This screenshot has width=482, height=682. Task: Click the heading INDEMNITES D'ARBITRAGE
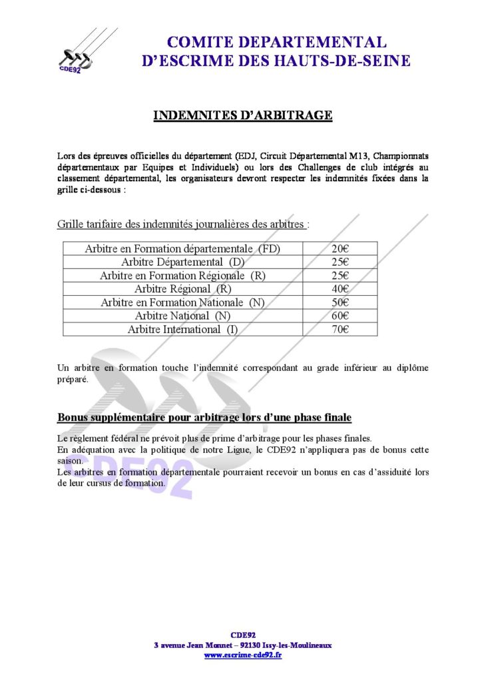tap(243, 115)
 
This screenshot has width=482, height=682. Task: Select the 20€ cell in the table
tap(340, 248)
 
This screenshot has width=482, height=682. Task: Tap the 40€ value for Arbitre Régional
tap(340, 289)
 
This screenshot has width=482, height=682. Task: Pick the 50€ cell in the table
tap(340, 302)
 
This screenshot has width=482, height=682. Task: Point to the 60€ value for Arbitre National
tap(340, 316)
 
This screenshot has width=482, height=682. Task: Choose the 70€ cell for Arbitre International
tap(340, 329)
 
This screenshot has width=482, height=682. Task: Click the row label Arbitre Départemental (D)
tap(183, 262)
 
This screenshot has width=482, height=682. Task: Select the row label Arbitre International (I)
tap(183, 329)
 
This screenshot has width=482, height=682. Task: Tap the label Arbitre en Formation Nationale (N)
tap(183, 302)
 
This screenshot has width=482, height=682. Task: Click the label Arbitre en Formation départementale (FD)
tap(183, 248)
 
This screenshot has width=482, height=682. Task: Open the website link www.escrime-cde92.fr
tap(242, 655)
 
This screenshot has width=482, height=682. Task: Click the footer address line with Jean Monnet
tap(242, 645)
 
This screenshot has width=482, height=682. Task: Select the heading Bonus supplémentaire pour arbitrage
tap(204, 418)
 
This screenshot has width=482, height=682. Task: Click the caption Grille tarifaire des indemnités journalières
tap(183, 224)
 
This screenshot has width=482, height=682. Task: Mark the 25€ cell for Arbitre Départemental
tap(340, 262)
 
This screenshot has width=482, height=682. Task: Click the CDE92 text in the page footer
tap(242, 635)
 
